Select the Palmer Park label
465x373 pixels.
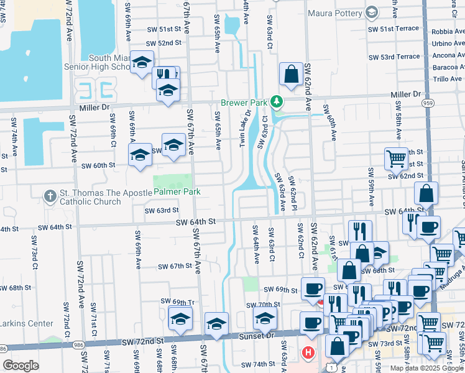click(177, 192)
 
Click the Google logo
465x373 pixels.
click(21, 366)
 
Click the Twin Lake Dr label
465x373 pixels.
click(244, 129)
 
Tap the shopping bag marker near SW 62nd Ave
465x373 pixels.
click(291, 75)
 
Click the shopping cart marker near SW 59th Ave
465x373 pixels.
click(395, 159)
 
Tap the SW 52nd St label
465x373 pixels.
click(163, 43)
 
